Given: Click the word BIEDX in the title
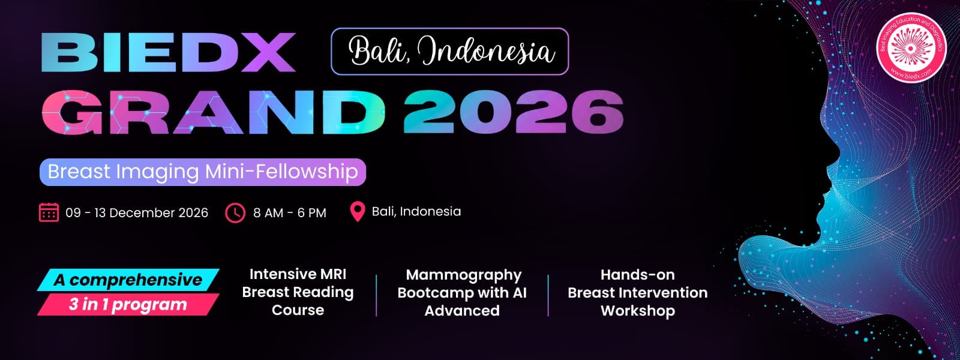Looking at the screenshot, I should pyautogui.click(x=168, y=53).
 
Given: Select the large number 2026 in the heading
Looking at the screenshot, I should pyautogui.click(x=513, y=112).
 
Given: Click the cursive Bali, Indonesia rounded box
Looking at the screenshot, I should pyautogui.click(x=449, y=52).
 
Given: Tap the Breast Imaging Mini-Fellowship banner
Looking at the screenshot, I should pyautogui.click(x=203, y=172).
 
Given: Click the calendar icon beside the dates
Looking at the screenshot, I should pyautogui.click(x=49, y=212).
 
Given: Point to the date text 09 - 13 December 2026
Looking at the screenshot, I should pyautogui.click(x=137, y=212).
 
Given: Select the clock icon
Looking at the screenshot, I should pyautogui.click(x=235, y=212).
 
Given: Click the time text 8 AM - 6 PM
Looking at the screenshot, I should pyautogui.click(x=290, y=212).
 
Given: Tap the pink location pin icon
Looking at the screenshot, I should pyautogui.click(x=357, y=211).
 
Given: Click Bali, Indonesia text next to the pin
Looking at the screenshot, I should pyautogui.click(x=416, y=211).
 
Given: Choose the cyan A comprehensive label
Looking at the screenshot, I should pyautogui.click(x=128, y=280).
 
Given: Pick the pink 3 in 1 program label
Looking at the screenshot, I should pyautogui.click(x=128, y=304).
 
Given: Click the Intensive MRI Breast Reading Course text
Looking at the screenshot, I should pyautogui.click(x=298, y=292).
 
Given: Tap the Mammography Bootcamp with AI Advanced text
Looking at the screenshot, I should pyautogui.click(x=462, y=292).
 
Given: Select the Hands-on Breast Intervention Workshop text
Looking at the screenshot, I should pyautogui.click(x=637, y=292).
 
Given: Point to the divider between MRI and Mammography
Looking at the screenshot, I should pyautogui.click(x=376, y=295).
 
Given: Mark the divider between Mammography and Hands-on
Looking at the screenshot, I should pyautogui.click(x=548, y=295).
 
